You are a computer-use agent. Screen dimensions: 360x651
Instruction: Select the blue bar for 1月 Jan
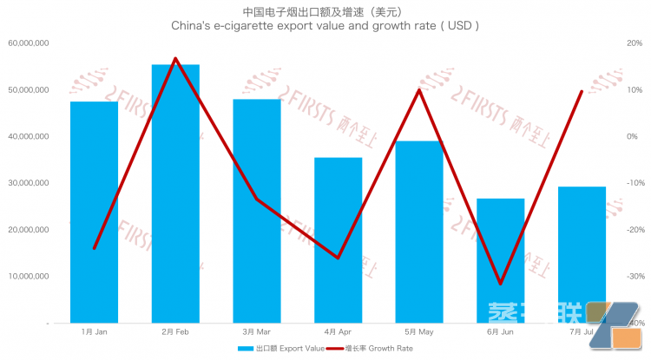coord(94,213)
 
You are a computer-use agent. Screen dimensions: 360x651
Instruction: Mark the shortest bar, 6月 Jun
coord(501,260)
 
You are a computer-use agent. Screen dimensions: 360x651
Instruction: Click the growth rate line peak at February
coord(175,59)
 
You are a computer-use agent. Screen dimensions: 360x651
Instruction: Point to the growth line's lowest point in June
coord(501,284)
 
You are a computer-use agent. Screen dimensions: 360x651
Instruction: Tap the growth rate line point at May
coord(419,89)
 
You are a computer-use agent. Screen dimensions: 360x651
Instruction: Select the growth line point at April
coord(338,258)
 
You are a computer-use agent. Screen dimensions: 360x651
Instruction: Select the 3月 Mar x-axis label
coord(257,332)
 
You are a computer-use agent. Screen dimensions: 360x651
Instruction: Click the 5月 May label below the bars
coord(419,332)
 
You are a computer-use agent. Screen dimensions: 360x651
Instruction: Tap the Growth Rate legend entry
coord(368,349)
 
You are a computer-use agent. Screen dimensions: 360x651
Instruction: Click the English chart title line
coord(325,27)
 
